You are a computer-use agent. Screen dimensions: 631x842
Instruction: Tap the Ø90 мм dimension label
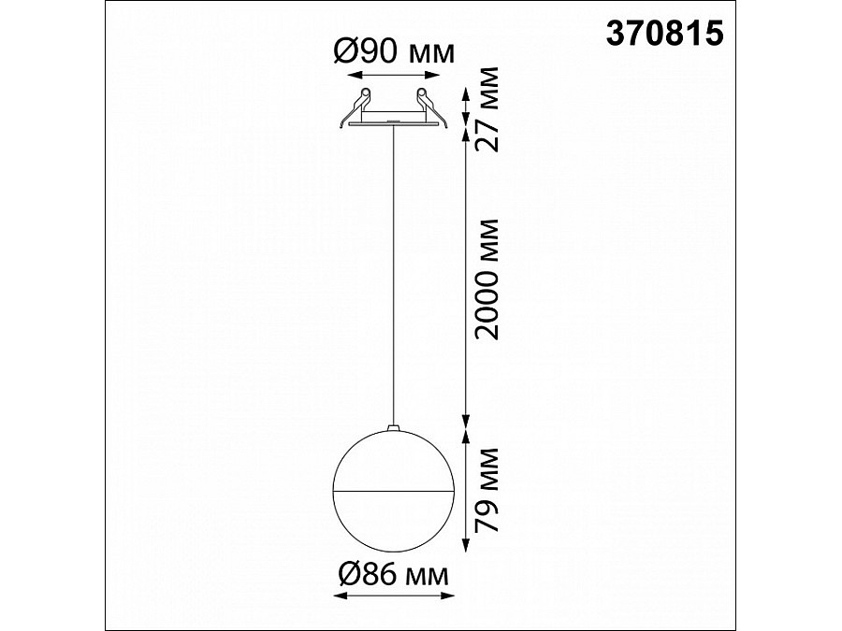tap(393, 52)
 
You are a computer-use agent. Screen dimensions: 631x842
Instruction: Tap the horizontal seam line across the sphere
tap(393, 488)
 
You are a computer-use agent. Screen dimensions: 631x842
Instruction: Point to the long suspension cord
tap(393, 280)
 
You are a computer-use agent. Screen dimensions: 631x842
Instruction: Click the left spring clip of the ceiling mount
tap(362, 98)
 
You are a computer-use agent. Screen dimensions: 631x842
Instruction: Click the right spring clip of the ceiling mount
tap(423, 98)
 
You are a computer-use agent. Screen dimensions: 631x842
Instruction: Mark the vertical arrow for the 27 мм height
tap(467, 107)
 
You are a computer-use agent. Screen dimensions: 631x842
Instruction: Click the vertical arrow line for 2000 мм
tap(467, 280)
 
